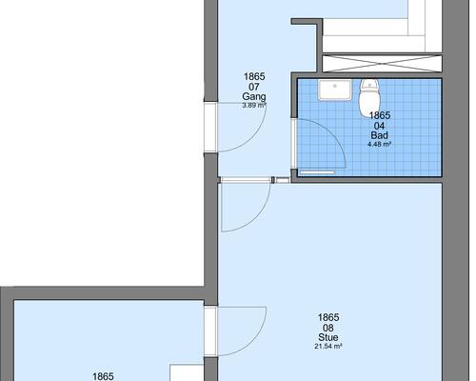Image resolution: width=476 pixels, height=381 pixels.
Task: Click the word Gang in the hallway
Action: tap(254, 96)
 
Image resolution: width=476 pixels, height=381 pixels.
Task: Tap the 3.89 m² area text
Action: tap(254, 105)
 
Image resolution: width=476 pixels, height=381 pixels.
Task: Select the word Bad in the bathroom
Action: tap(379, 135)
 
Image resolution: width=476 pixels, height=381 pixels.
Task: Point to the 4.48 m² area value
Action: tap(379, 145)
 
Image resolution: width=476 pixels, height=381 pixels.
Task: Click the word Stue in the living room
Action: tap(328, 337)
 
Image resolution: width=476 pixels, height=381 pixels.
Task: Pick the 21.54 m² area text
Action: tap(328, 347)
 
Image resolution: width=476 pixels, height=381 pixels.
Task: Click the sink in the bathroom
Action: tap(335, 90)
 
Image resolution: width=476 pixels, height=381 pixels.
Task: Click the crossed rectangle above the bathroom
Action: tap(382, 64)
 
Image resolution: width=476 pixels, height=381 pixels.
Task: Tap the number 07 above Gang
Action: tap(254, 87)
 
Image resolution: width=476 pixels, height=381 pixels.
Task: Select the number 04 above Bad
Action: tap(379, 126)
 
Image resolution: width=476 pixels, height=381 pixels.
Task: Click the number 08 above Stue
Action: tap(328, 328)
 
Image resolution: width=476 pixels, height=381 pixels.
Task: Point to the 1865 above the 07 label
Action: tap(254, 76)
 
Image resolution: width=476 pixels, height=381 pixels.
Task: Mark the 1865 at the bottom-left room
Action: tap(103, 376)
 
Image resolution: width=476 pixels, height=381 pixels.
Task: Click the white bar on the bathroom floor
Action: tap(317, 172)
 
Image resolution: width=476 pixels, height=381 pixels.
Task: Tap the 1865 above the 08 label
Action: tap(328, 317)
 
